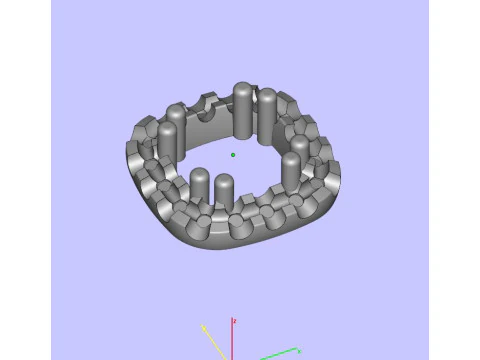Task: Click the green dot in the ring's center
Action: pos(233,155)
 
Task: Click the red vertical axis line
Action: pos(232,340)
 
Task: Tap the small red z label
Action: pos(233,321)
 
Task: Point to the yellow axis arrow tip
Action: pos(203,325)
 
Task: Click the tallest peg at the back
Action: pos(243,110)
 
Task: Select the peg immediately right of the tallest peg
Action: pos(267,115)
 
